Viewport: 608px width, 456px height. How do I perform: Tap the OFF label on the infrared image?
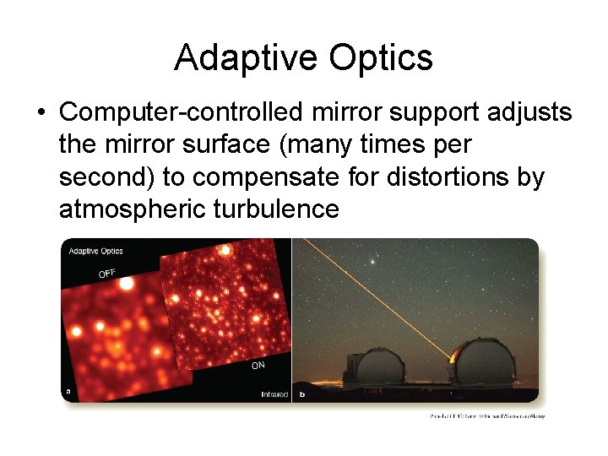coord(107,273)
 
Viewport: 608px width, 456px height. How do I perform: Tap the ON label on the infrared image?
coord(258,366)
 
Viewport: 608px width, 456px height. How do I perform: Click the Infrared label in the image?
coord(274,394)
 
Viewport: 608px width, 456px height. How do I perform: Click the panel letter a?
coord(68,392)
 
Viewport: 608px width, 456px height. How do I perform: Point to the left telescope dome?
coord(374,364)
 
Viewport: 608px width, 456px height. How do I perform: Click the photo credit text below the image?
coord(488,416)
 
